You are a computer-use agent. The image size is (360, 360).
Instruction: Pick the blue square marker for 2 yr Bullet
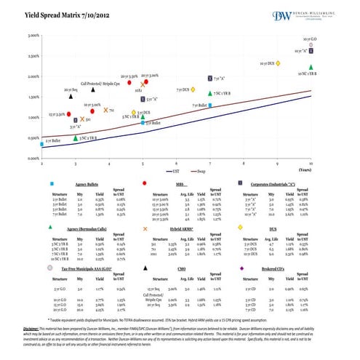point(42,145)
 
